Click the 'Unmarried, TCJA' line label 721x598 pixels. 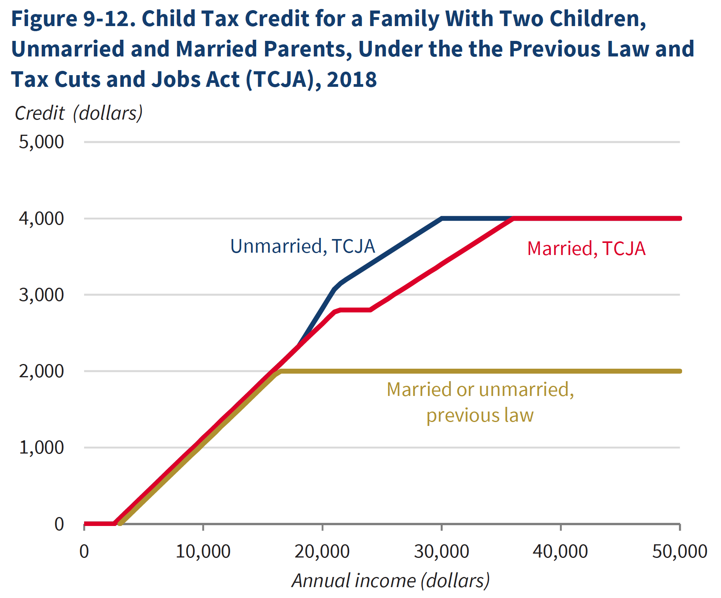(x=302, y=246)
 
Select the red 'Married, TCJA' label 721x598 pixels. (x=586, y=249)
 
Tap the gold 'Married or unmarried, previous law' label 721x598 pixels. (x=480, y=402)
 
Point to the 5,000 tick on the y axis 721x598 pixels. (x=41, y=142)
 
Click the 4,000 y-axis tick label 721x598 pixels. (x=41, y=219)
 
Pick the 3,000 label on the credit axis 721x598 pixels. (x=41, y=295)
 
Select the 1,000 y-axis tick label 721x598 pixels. (x=41, y=448)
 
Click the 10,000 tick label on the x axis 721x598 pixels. (x=203, y=552)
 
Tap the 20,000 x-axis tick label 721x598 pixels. (x=322, y=552)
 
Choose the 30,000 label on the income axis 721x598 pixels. (x=441, y=552)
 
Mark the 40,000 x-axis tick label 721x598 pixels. (x=560, y=552)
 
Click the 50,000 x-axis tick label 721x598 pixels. (x=679, y=552)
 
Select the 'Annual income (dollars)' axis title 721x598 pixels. (x=390, y=581)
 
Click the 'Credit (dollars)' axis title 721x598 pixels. (x=79, y=113)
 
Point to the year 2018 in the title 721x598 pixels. (x=352, y=79)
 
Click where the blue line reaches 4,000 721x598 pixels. (x=442, y=218)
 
